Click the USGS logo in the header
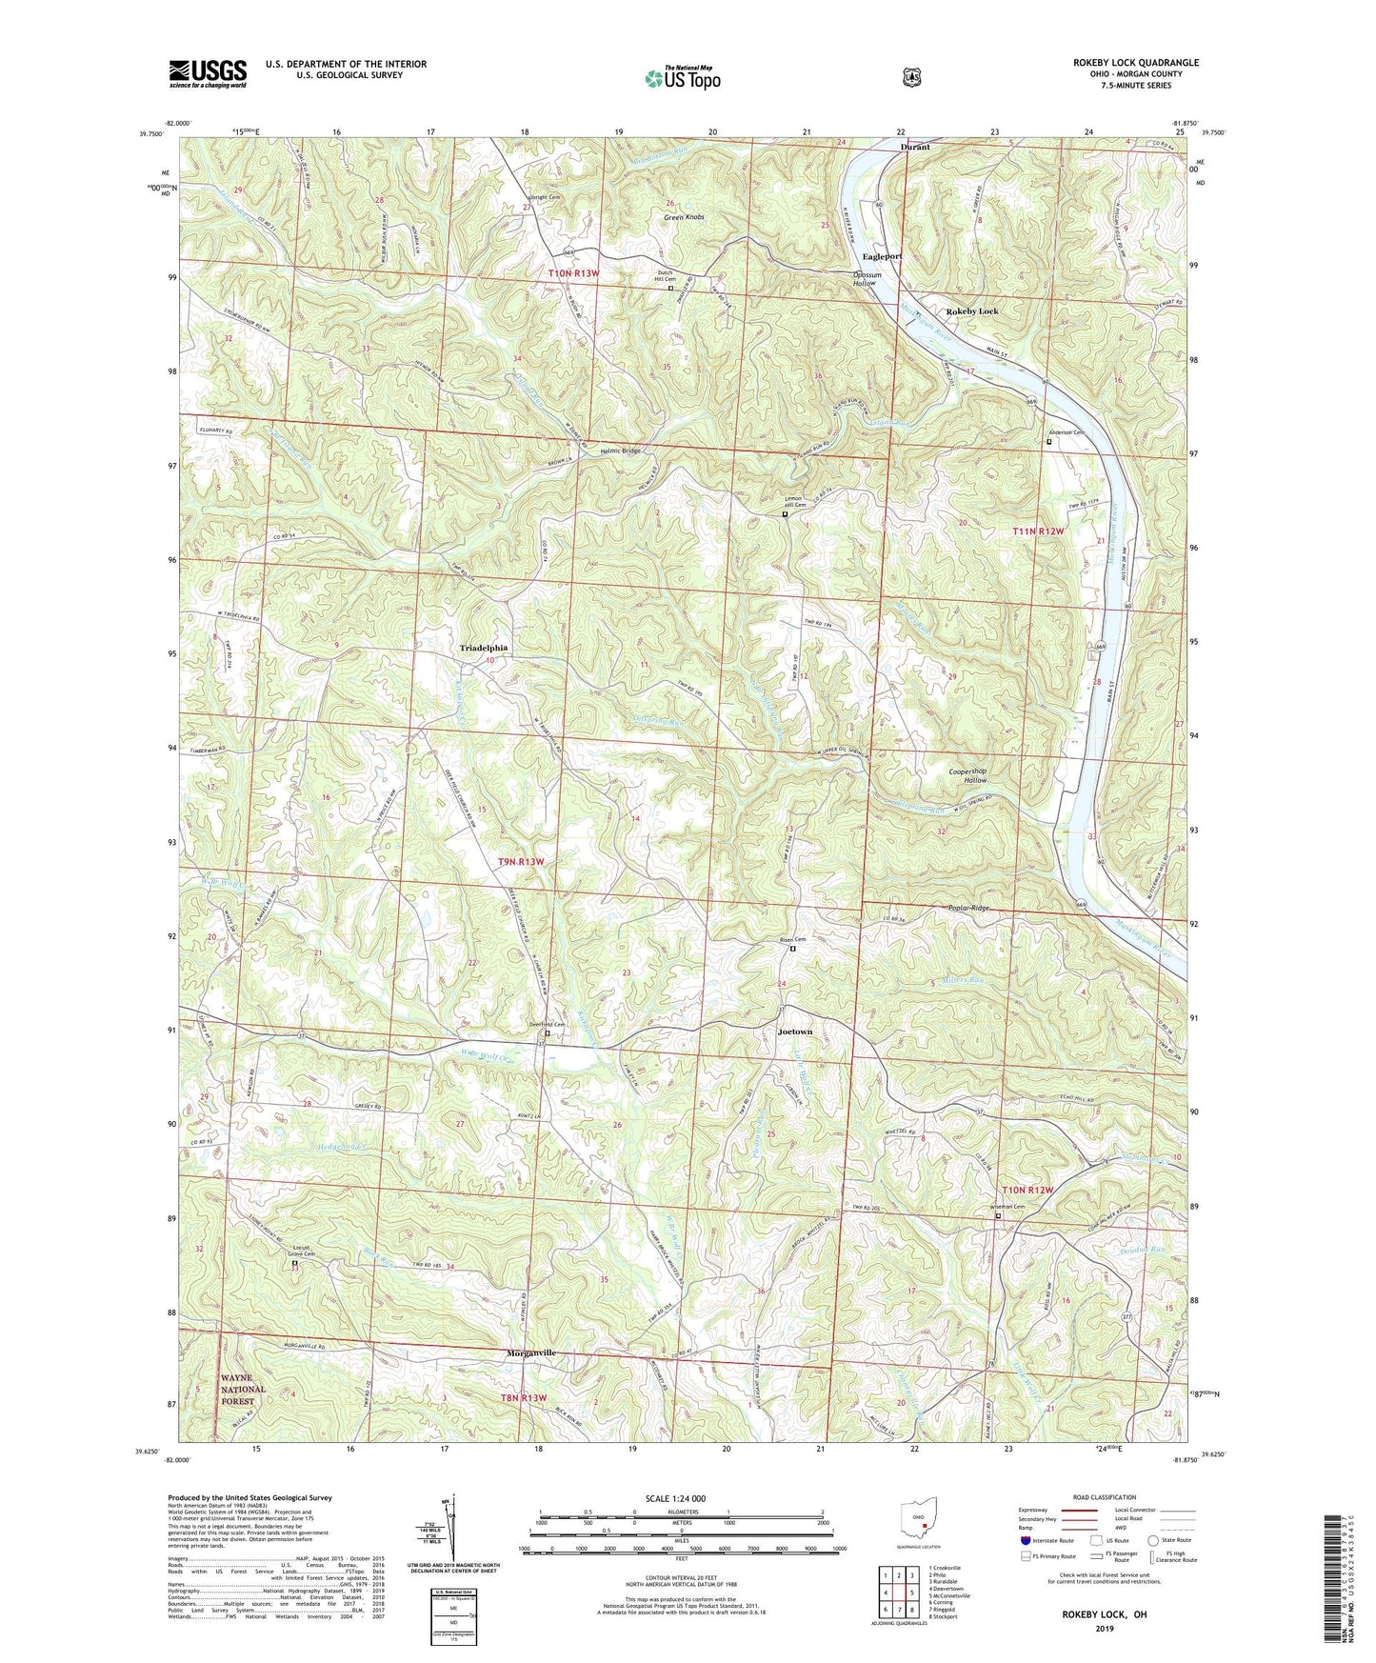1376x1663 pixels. pyautogui.click(x=208, y=73)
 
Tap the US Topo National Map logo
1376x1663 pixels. pyautogui.click(x=681, y=78)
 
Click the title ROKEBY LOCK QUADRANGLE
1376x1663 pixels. pyautogui.click(x=1135, y=63)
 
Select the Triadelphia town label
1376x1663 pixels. pyautogui.click(x=484, y=648)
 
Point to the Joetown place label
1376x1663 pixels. pyautogui.click(x=795, y=1032)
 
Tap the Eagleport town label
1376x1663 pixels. pyautogui.click(x=882, y=256)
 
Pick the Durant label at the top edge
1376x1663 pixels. pyautogui.click(x=915, y=148)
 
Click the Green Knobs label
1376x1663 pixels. pyautogui.click(x=684, y=217)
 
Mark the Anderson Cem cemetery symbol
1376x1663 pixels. pyautogui.click(x=1049, y=442)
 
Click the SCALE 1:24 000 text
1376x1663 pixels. pyautogui.click(x=675, y=1498)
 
